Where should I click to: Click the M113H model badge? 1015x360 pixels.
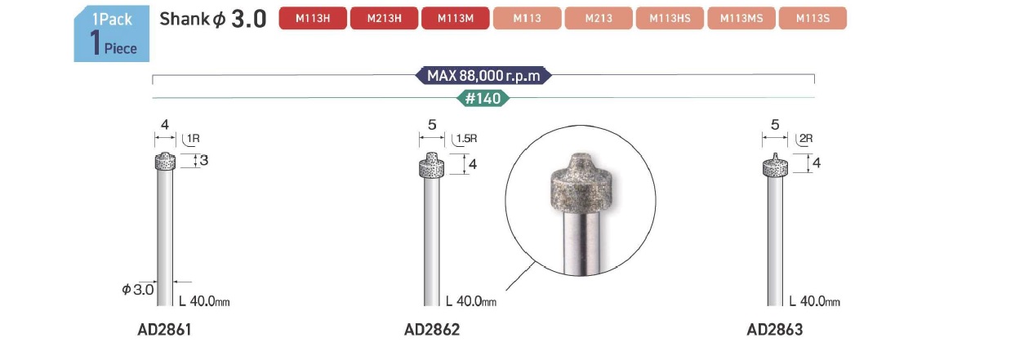click(x=313, y=18)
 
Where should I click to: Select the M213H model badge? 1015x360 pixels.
click(x=385, y=18)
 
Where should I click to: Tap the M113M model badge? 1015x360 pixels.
click(x=456, y=18)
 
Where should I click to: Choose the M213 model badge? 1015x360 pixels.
click(x=599, y=18)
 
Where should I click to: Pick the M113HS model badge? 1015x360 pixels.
click(x=670, y=18)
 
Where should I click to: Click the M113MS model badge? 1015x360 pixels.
click(x=741, y=18)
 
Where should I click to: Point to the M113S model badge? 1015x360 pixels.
click(x=813, y=18)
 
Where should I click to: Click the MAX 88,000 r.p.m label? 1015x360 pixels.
click(x=483, y=76)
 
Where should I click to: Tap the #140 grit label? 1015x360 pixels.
click(x=483, y=98)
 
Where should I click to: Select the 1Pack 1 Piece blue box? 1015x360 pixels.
click(x=112, y=33)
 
